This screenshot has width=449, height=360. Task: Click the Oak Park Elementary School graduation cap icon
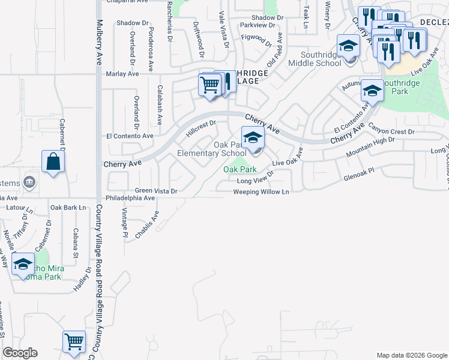click(253, 137)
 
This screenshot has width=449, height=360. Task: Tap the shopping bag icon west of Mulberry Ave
click(53, 161)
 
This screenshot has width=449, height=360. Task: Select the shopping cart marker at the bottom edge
click(74, 341)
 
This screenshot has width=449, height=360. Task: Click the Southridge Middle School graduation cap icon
click(348, 45)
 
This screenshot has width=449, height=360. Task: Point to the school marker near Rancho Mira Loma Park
click(23, 263)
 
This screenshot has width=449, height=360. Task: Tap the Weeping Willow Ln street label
click(261, 192)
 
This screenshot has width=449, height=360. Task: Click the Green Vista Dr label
click(156, 191)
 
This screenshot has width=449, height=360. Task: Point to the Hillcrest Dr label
click(201, 128)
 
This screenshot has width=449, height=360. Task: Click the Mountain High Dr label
click(370, 147)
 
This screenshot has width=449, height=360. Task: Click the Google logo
click(20, 353)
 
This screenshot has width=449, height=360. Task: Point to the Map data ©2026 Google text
click(411, 355)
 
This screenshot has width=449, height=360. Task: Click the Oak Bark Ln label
click(68, 208)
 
